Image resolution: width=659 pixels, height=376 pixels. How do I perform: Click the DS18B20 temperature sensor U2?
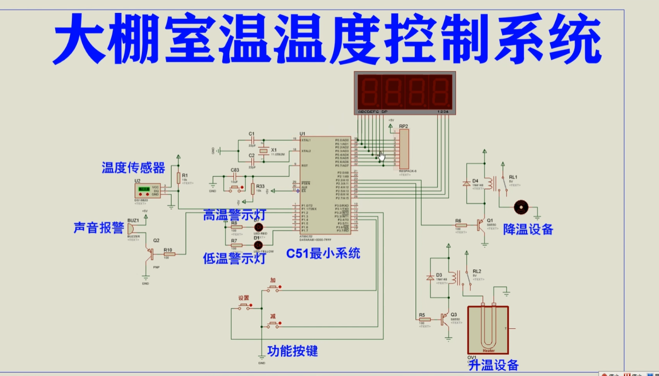[x=147, y=190]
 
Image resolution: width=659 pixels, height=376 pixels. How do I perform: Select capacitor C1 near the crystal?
[x=252, y=140]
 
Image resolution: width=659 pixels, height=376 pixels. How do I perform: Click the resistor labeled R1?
[x=178, y=178]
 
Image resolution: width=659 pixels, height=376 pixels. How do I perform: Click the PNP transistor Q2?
[x=150, y=252]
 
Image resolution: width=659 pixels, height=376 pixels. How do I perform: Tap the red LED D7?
[x=258, y=227]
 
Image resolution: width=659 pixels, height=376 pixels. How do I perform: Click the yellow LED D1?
[x=258, y=245]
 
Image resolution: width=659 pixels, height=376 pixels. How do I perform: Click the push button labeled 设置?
[x=244, y=306]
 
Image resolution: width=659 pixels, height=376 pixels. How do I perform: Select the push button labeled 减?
[x=273, y=325]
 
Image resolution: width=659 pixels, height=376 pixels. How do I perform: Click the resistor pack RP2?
[x=404, y=149]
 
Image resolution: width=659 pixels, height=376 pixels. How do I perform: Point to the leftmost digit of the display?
[x=370, y=91]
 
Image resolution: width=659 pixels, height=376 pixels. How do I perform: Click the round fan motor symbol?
[x=521, y=207]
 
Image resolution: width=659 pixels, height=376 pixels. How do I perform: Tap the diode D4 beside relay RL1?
[x=467, y=184]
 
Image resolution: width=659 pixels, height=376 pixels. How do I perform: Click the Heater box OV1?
[x=488, y=330]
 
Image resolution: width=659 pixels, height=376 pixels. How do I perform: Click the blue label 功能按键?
[x=293, y=351]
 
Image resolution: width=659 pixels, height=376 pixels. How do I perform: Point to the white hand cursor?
[x=382, y=157]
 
